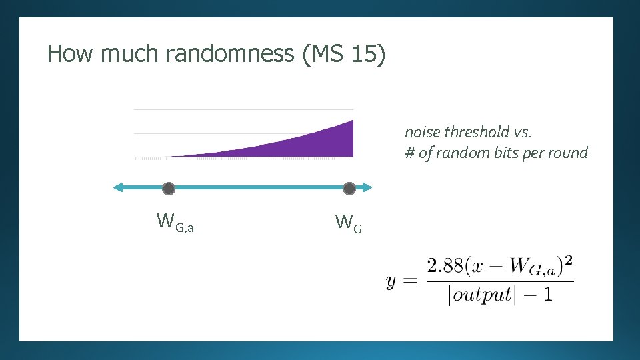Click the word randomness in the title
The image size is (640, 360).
(x=229, y=53)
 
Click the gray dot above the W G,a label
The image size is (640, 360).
(x=169, y=189)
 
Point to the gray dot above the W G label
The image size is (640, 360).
(x=349, y=189)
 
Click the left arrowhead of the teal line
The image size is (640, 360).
(x=118, y=188)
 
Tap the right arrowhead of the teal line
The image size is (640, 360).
(x=367, y=188)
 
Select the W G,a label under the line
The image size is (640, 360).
(x=175, y=221)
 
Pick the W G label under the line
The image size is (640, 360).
(x=349, y=223)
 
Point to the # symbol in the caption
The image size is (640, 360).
(x=410, y=153)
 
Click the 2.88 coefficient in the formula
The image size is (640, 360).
(x=444, y=267)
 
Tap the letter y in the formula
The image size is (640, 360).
(x=392, y=281)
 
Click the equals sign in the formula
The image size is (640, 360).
(x=411, y=281)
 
